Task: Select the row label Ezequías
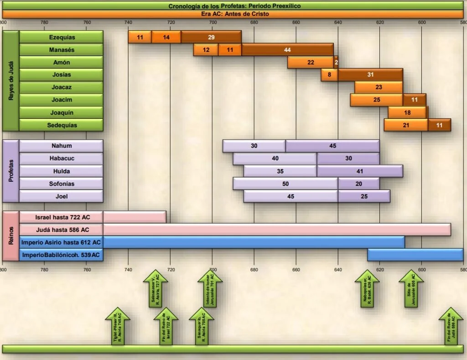[62, 37]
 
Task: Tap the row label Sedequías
[62, 125]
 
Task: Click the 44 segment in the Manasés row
[287, 50]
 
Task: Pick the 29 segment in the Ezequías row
[211, 37]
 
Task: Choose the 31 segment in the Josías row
[370, 75]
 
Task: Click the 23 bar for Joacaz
[379, 87]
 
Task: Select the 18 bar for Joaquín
[408, 113]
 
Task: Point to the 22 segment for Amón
[311, 62]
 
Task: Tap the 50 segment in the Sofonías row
[285, 184]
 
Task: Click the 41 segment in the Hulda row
[360, 171]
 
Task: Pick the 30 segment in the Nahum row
[254, 146]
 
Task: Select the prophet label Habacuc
[62, 159]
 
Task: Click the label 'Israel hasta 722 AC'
[62, 217]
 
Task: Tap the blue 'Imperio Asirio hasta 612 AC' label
[62, 242]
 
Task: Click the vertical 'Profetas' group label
[10, 171]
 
